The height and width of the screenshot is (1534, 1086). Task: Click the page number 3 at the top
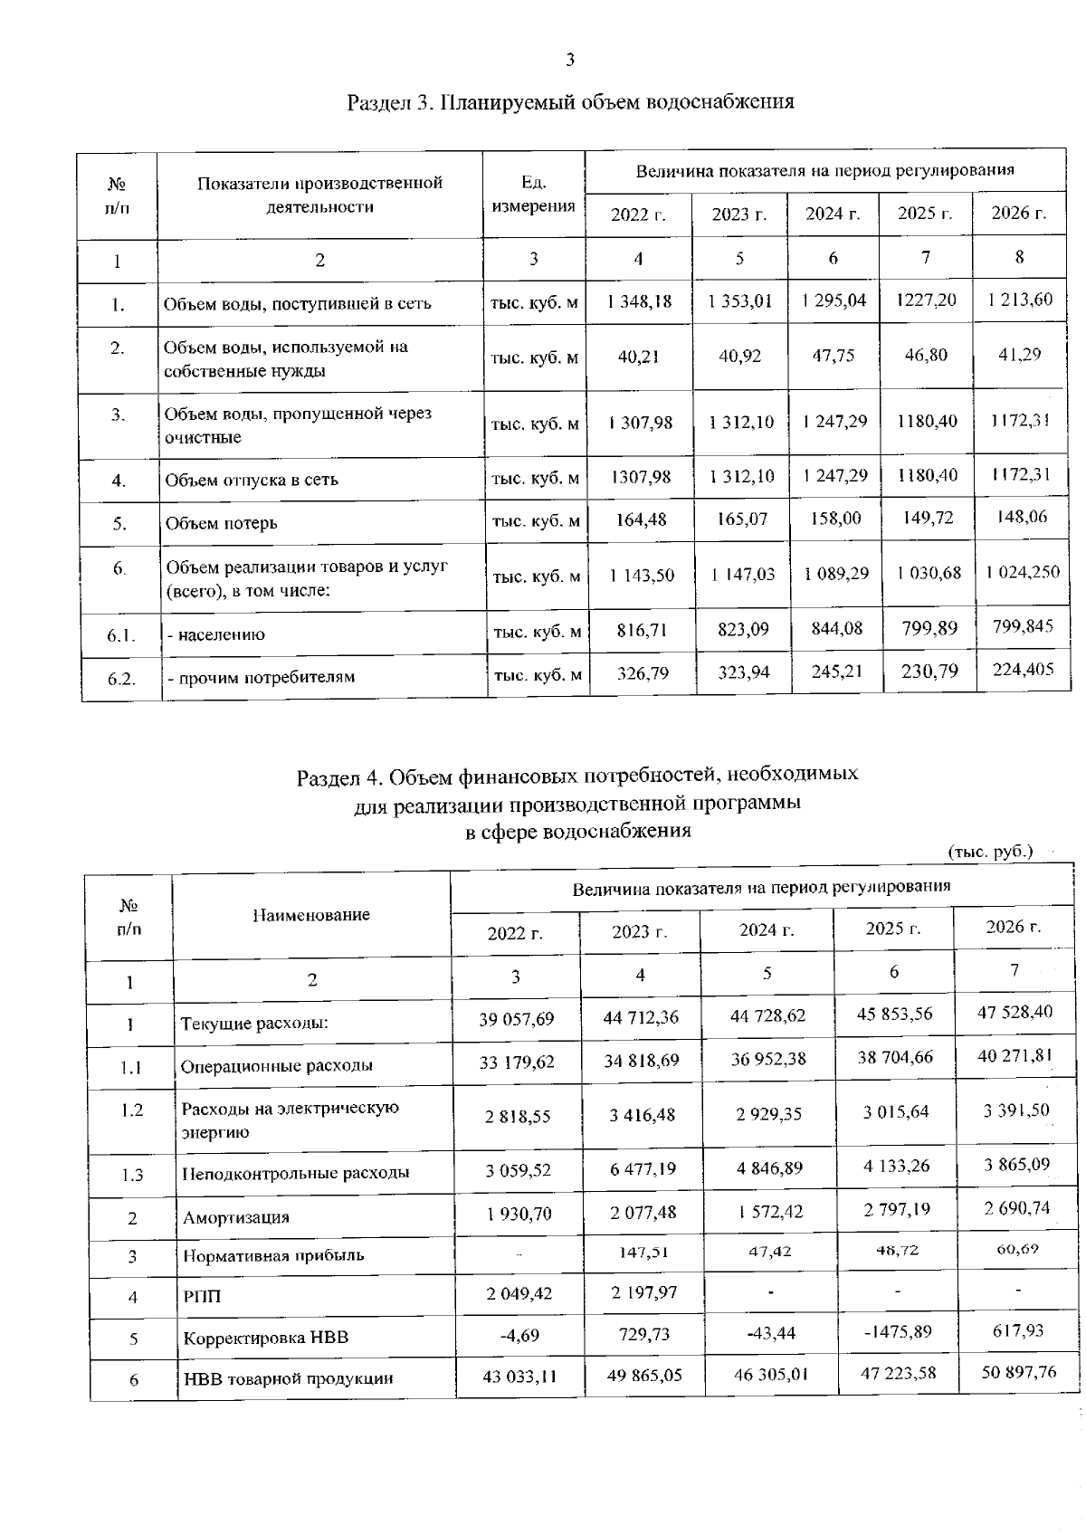[x=569, y=61]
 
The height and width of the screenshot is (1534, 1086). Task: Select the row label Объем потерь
[x=221, y=523]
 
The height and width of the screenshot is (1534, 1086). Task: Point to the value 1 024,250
[x=1022, y=572]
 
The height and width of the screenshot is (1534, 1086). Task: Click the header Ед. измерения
[x=533, y=195]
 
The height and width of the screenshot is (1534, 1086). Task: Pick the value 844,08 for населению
[x=835, y=628]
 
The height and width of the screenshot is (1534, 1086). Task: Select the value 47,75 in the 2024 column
[x=833, y=356]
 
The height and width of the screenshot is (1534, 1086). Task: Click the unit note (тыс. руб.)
[x=990, y=852]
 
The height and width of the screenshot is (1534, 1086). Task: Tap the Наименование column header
[x=310, y=915]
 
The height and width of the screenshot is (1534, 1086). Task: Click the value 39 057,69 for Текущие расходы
[x=516, y=1019]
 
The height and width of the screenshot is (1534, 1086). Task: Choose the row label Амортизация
[x=236, y=1217]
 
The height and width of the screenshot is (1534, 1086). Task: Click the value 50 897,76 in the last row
[x=1018, y=1372]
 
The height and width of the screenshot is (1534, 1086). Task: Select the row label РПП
[x=202, y=1297]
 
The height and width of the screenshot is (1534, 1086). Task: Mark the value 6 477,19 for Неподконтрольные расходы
[x=642, y=1168]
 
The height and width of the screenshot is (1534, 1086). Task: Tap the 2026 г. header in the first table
[x=1018, y=214]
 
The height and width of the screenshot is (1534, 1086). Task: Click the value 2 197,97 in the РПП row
[x=642, y=1292]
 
